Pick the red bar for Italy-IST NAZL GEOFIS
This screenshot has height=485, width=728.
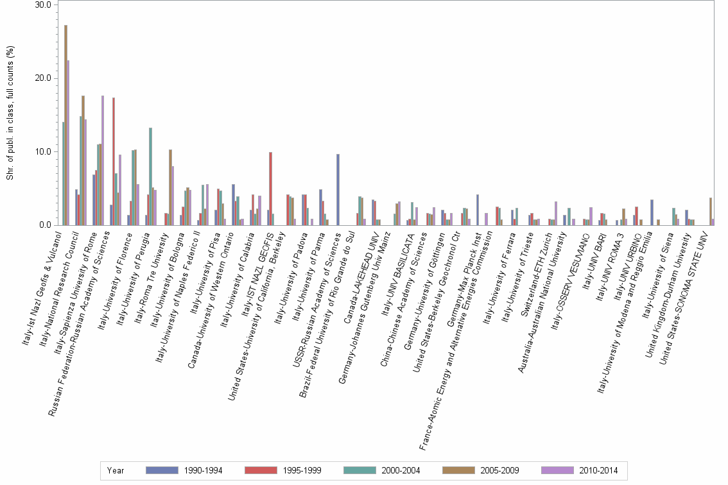(x=271, y=189)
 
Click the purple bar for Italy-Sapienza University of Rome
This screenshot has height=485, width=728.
(x=103, y=160)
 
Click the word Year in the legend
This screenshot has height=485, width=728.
(x=116, y=471)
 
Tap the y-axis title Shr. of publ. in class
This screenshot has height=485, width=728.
(x=10, y=112)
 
